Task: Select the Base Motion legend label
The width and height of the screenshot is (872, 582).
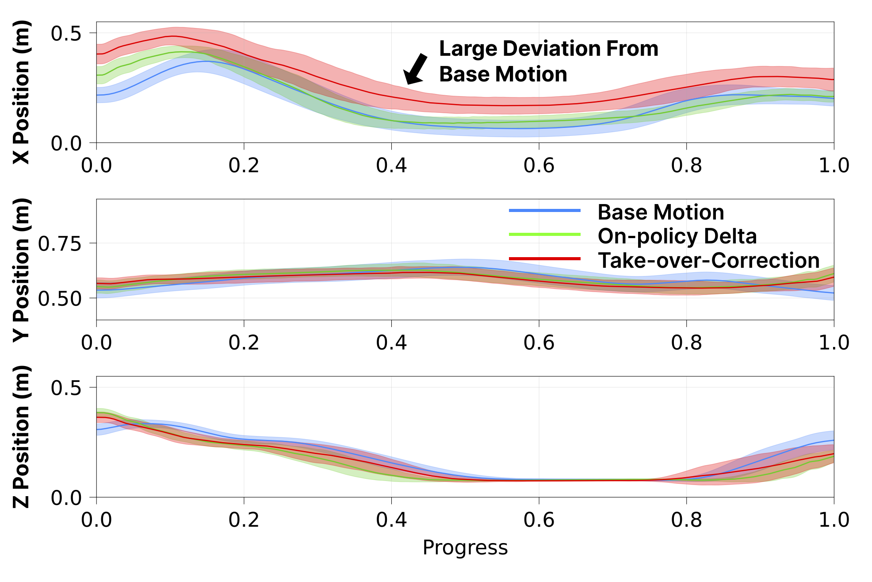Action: point(661,212)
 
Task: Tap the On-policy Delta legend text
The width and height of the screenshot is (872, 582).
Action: point(677,236)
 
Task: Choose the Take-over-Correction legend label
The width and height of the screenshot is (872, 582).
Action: point(708,260)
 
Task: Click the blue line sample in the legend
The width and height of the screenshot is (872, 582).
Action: point(544,211)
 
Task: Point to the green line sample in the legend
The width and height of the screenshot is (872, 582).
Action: point(544,234)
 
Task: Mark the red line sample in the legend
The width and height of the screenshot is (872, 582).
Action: point(544,258)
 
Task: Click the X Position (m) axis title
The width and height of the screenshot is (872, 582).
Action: point(21,92)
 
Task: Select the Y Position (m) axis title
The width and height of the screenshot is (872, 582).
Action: point(21,270)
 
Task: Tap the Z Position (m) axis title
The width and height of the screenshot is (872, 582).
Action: point(21,436)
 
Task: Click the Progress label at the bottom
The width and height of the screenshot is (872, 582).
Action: point(465,547)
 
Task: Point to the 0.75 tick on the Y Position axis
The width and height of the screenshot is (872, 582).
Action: point(60,244)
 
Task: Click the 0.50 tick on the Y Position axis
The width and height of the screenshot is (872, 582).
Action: point(60,299)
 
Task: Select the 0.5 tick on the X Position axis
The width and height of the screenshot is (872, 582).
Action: point(66,34)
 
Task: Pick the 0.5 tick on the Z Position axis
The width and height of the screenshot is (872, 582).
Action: point(66,388)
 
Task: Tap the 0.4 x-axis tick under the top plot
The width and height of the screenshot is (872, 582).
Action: point(391,166)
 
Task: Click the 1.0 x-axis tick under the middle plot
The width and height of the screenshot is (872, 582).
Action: point(834,343)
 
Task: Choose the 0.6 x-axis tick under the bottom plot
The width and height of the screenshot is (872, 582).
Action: point(539,520)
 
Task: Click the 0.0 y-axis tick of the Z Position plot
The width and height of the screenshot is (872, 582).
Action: point(66,498)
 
